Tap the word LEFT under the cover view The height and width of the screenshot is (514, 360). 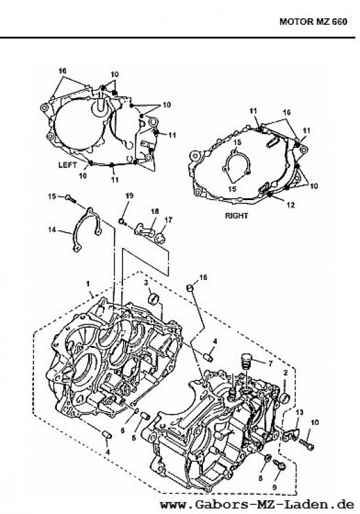pyautogui.click(x=68, y=165)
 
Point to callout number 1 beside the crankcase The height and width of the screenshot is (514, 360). pyautogui.click(x=89, y=285)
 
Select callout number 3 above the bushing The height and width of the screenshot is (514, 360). pyautogui.click(x=146, y=283)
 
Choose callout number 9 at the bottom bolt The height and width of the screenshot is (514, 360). pyautogui.click(x=274, y=488)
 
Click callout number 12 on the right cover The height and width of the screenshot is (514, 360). pyautogui.click(x=290, y=204)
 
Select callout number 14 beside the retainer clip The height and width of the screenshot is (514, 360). pyautogui.click(x=51, y=230)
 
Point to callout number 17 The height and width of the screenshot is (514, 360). pyautogui.click(x=168, y=219)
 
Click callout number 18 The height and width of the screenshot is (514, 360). pyautogui.click(x=155, y=212)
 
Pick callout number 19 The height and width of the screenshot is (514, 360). pyautogui.click(x=129, y=196)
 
